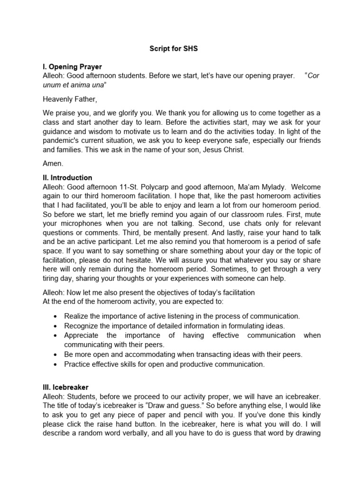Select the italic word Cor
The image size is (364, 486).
coord(313,76)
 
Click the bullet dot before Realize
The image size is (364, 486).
coord(56,316)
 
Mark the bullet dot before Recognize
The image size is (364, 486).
coord(56,326)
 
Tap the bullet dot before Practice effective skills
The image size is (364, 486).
coord(56,364)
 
